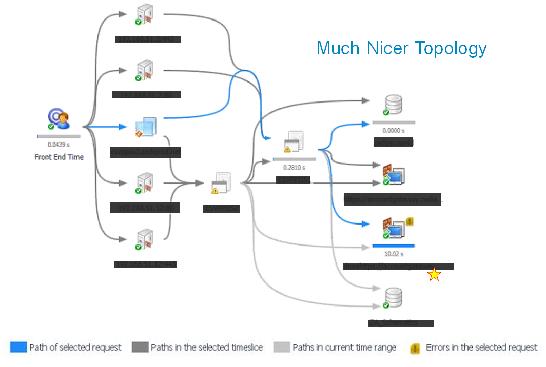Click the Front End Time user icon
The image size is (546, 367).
[59, 119]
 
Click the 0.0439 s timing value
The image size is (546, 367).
[59, 145]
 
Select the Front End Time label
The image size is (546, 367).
[59, 157]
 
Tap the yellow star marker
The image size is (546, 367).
[434, 275]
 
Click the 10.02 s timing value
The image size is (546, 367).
[394, 254]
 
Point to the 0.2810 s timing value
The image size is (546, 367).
[294, 167]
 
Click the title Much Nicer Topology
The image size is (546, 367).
[401, 48]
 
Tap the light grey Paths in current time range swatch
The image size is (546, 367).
[281, 348]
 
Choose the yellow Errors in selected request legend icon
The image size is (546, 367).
[415, 348]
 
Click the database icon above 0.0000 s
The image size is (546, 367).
[393, 105]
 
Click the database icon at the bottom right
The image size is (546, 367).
[394, 298]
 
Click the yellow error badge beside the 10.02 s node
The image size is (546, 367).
[410, 221]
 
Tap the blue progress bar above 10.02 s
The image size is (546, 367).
[394, 246]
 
